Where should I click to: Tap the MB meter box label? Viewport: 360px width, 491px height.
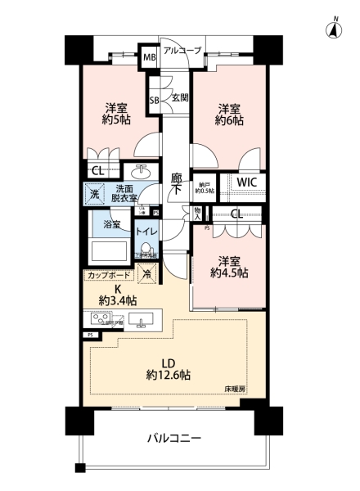click(150, 58)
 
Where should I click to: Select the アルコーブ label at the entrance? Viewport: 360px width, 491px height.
click(182, 51)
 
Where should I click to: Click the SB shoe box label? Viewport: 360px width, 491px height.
click(154, 101)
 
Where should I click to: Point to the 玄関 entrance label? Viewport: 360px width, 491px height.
click(179, 97)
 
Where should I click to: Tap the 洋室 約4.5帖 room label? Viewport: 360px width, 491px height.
click(227, 268)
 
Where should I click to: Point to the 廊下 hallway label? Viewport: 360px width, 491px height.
click(176, 182)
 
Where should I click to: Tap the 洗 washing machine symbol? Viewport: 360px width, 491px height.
click(95, 195)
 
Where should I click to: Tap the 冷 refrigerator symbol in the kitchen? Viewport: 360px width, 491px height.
click(147, 276)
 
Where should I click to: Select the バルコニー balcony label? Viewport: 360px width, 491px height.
click(173, 439)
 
